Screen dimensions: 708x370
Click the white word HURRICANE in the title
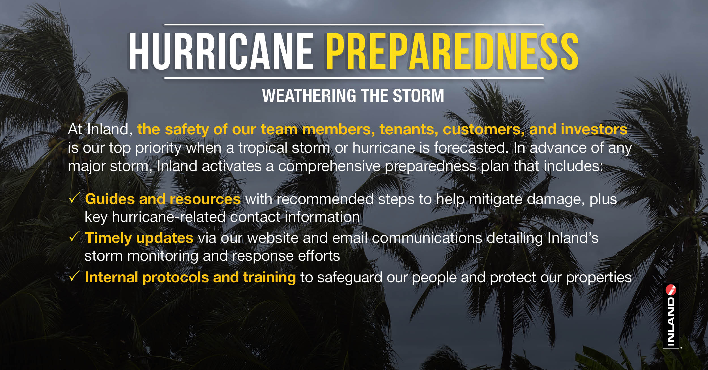[221, 51]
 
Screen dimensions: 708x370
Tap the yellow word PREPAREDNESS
[452, 51]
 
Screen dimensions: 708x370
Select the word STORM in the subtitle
[418, 96]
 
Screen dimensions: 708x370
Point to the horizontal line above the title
[354, 25]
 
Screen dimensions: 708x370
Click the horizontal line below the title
[354, 78]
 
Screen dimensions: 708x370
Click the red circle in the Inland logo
[671, 290]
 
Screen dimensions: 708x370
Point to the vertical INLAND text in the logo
[671, 321]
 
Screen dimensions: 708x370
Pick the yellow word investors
[594, 129]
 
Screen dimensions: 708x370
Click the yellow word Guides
[110, 199]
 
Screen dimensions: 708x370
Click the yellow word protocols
[176, 278]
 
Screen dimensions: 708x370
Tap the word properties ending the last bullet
[599, 278]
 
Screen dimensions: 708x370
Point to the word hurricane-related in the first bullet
[169, 217]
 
